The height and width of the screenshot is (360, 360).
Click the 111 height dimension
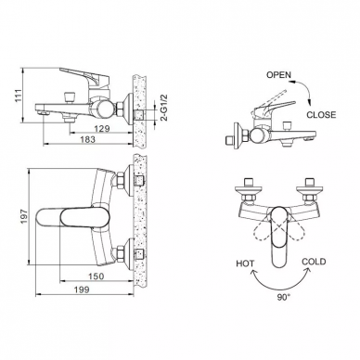click(x=19, y=96)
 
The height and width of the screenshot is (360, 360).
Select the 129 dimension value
click(x=102, y=128)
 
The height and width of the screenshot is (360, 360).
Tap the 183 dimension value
click(x=87, y=139)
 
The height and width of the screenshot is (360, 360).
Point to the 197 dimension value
click(x=24, y=216)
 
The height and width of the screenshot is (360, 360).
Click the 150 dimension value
click(x=96, y=276)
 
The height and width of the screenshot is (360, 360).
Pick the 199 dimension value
click(x=82, y=289)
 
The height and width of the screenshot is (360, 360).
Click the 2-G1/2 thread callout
click(x=164, y=108)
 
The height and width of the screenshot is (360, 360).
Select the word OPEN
click(x=278, y=75)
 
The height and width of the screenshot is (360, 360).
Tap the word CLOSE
click(x=321, y=115)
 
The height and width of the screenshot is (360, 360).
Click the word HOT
click(x=245, y=264)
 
